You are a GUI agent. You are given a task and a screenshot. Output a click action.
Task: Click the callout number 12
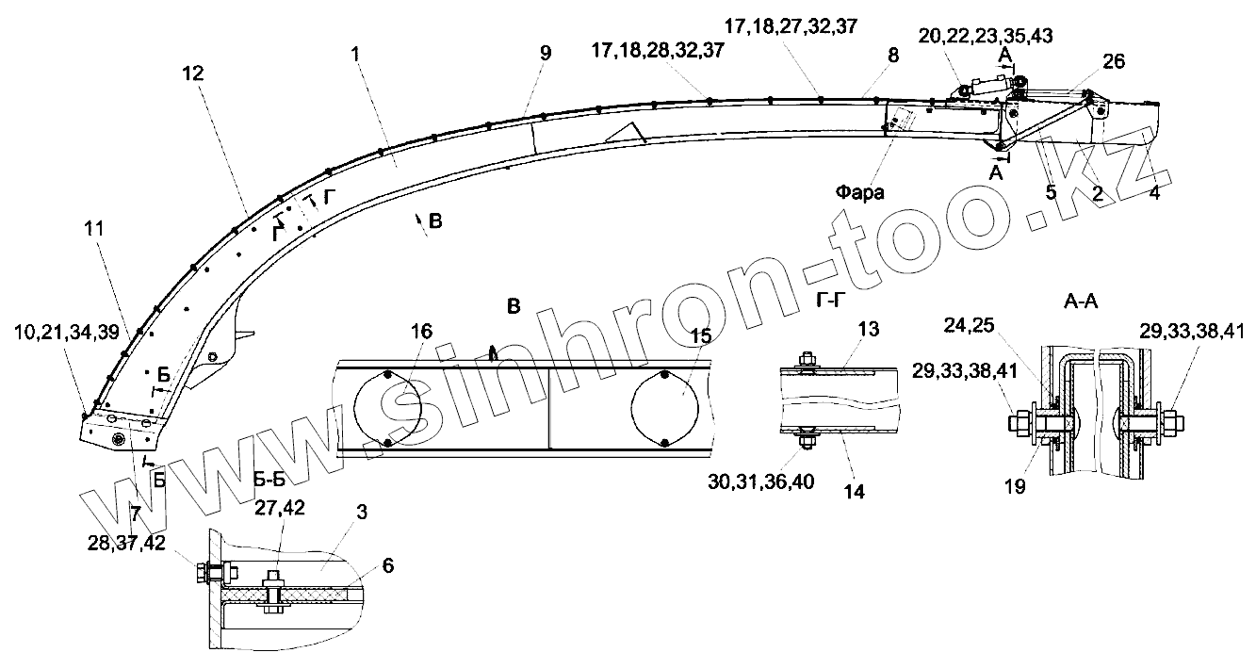click(x=193, y=73)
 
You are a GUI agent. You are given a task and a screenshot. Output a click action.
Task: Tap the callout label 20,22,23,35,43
click(x=986, y=36)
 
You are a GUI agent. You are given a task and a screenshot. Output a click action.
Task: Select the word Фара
click(x=859, y=192)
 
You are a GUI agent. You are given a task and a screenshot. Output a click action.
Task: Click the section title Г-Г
click(x=830, y=302)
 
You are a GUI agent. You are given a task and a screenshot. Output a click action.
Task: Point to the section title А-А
click(x=1081, y=302)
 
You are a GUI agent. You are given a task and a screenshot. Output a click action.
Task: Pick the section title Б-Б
click(x=269, y=480)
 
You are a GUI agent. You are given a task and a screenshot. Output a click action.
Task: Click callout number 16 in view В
click(x=422, y=331)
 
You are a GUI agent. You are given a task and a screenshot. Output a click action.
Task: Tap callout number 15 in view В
click(x=701, y=335)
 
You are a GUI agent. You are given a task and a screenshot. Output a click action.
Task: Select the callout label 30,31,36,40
click(x=761, y=481)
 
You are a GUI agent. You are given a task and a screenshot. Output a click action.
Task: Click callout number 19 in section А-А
click(x=1015, y=486)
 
